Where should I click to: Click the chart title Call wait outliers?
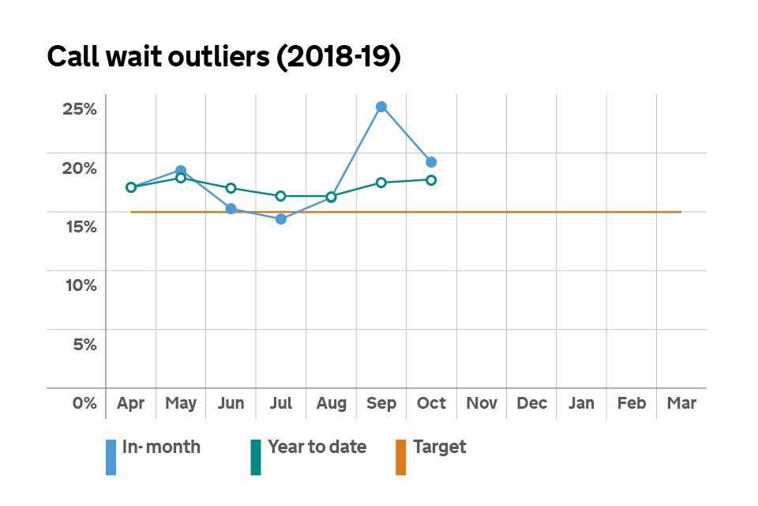point(224,58)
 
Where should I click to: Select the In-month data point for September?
point(381,107)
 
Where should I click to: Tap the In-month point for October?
point(431,162)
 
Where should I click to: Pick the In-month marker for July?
point(281,219)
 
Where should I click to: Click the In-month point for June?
point(231,209)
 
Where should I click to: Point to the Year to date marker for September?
point(381,183)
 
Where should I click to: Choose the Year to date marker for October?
point(431,180)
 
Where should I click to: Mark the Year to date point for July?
point(281,196)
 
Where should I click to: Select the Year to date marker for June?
point(231,188)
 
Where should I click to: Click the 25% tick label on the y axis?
point(79,108)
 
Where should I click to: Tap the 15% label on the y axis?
point(79,226)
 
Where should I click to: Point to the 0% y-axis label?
point(84,403)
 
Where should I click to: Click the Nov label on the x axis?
point(482,403)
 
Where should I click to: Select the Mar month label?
point(681,403)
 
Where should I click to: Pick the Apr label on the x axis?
point(130,403)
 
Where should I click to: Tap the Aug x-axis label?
point(331,403)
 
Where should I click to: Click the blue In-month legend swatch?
point(111,457)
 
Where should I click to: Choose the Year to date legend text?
point(317,447)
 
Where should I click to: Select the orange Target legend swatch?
point(400,457)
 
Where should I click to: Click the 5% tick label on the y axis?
point(84,344)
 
